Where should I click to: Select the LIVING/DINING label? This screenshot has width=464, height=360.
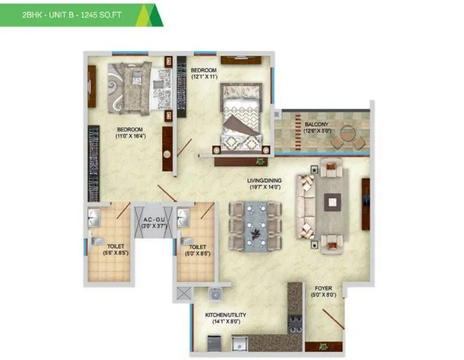264,181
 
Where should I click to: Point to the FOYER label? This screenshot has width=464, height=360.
324,288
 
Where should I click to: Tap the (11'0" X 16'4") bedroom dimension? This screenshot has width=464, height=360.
130,137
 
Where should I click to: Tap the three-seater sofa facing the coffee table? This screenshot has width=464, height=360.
307,202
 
